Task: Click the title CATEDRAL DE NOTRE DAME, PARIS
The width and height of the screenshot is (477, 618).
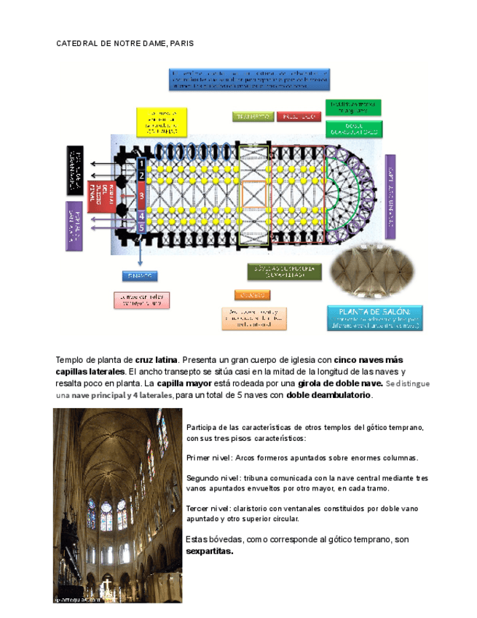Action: coord(125,44)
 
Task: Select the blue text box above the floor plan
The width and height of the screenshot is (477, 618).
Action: coord(251,80)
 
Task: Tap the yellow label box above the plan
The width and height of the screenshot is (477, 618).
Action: coord(161,122)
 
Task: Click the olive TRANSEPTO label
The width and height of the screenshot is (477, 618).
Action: coord(253,117)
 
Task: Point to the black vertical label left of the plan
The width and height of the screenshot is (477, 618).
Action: coord(75,171)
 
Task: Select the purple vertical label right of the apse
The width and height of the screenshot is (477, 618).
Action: coord(390,196)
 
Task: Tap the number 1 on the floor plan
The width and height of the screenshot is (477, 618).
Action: coord(142,164)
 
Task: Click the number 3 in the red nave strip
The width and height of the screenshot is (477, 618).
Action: coord(142,196)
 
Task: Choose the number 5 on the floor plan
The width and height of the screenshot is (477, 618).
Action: coord(142,227)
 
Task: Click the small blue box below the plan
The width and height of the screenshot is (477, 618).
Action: coord(140,276)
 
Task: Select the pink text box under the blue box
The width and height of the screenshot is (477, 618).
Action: coord(141,300)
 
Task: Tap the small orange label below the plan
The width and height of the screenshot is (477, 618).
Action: coord(252,294)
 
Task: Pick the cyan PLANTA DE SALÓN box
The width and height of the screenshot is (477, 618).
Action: coord(375,318)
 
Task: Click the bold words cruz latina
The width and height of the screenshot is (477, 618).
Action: coord(157,360)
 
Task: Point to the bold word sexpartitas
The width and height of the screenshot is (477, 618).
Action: coord(210,551)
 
